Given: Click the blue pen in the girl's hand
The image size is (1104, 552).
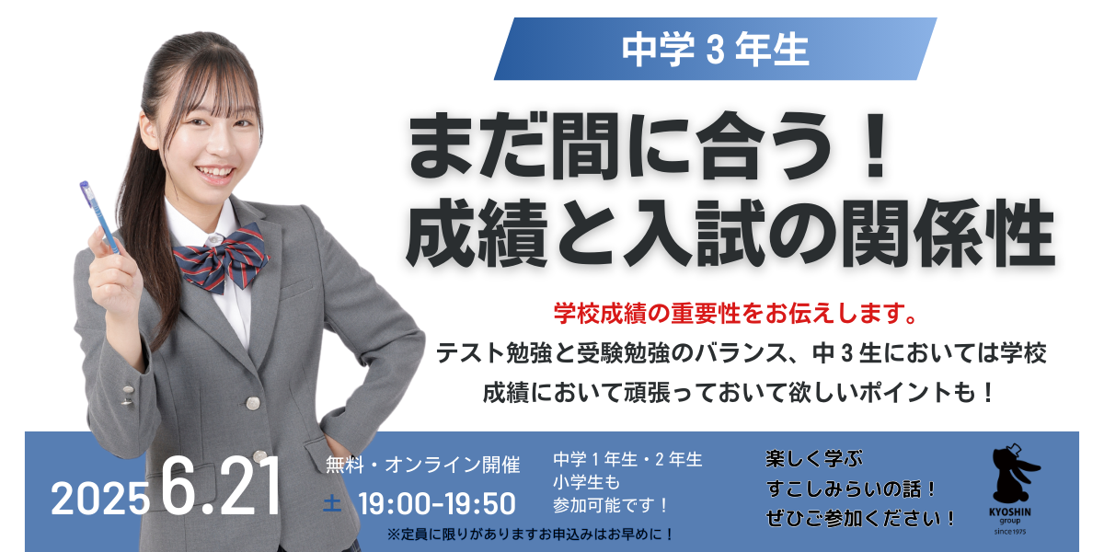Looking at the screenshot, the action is [x=100, y=218].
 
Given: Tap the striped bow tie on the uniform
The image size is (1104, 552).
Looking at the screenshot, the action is [x=222, y=258].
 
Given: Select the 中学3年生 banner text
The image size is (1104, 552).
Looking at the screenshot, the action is [x=715, y=50].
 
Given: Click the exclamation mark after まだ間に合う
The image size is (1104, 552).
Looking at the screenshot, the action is [x=875, y=146].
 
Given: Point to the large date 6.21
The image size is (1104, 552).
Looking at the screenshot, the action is [x=221, y=486].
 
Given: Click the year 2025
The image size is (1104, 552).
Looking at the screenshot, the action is [x=100, y=499].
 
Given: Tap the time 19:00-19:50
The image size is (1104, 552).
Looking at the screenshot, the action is [x=437, y=504].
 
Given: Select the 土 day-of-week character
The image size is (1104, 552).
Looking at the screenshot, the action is [x=332, y=504].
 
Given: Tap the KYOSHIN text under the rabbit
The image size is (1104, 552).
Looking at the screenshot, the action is [x=1010, y=512].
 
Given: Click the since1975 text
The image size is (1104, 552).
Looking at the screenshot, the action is [x=1010, y=532].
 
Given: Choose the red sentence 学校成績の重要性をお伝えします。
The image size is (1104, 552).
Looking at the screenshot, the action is [x=735, y=313].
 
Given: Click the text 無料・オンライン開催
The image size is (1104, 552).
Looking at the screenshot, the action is [x=423, y=465].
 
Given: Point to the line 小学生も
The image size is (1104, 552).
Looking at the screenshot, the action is [x=587, y=481].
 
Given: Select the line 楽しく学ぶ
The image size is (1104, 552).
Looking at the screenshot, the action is [x=814, y=459].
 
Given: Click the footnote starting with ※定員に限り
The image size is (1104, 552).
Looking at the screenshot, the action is [x=530, y=535].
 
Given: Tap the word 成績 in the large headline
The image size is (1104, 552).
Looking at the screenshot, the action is [x=477, y=233].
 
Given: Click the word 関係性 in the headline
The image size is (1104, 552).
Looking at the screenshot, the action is [x=949, y=233].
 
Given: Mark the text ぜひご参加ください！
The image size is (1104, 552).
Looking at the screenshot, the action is [x=860, y=518].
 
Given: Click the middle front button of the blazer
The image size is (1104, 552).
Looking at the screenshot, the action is [x=252, y=403].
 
